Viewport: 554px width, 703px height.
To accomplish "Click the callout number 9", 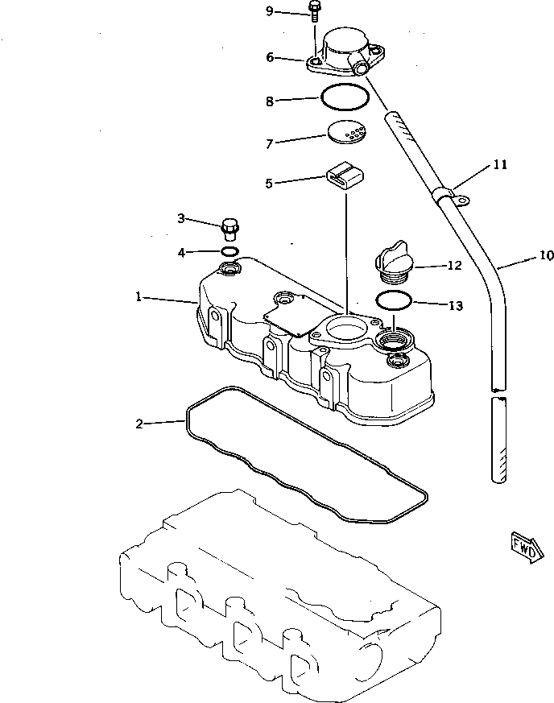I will [x=270, y=10].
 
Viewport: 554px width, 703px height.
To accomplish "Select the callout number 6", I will [x=271, y=57].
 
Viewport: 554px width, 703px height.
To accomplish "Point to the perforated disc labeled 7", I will [x=346, y=131].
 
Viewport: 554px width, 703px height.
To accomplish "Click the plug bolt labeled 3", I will [x=230, y=228].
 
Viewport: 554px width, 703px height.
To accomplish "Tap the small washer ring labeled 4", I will [x=229, y=252].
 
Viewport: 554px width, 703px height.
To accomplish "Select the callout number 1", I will [x=138, y=298].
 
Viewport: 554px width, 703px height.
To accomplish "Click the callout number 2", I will [x=139, y=424].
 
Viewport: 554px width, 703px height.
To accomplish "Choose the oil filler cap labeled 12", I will [x=391, y=265].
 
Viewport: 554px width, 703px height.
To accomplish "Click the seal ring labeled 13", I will [x=393, y=302].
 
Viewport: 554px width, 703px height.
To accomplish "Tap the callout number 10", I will [x=546, y=256].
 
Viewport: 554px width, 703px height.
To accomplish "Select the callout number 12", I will [x=454, y=265].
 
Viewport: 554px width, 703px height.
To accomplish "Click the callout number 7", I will [x=271, y=143].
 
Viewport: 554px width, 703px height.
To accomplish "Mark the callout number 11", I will [x=500, y=165].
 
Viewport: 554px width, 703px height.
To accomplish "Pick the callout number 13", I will [x=455, y=305].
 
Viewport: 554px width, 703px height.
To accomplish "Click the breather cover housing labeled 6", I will [x=342, y=51].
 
